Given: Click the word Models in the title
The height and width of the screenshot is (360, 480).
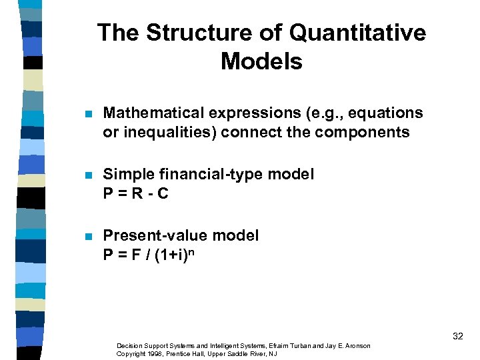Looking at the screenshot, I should tap(261, 62).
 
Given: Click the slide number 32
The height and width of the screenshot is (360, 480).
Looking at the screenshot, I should tap(457, 336).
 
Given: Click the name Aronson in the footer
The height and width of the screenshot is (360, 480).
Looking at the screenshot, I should tap(356, 346).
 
